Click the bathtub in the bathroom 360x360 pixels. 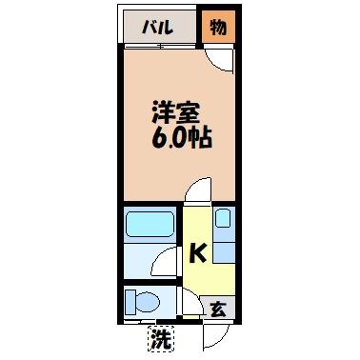pyautogui.click(x=150, y=225)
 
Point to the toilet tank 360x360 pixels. pyautogui.click(x=129, y=303)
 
